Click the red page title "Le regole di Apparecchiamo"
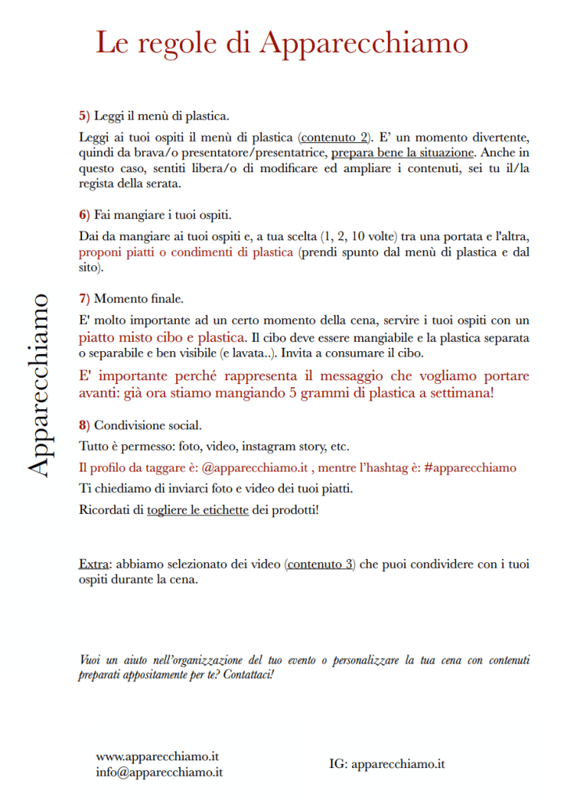coord(282,42)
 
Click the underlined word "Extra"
coord(94,564)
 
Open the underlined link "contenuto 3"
coord(320,564)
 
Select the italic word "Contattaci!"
coord(248,673)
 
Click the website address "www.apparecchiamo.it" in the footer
coord(157,757)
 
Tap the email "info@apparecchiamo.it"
coord(160,772)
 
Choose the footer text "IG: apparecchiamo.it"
coord(387,764)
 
